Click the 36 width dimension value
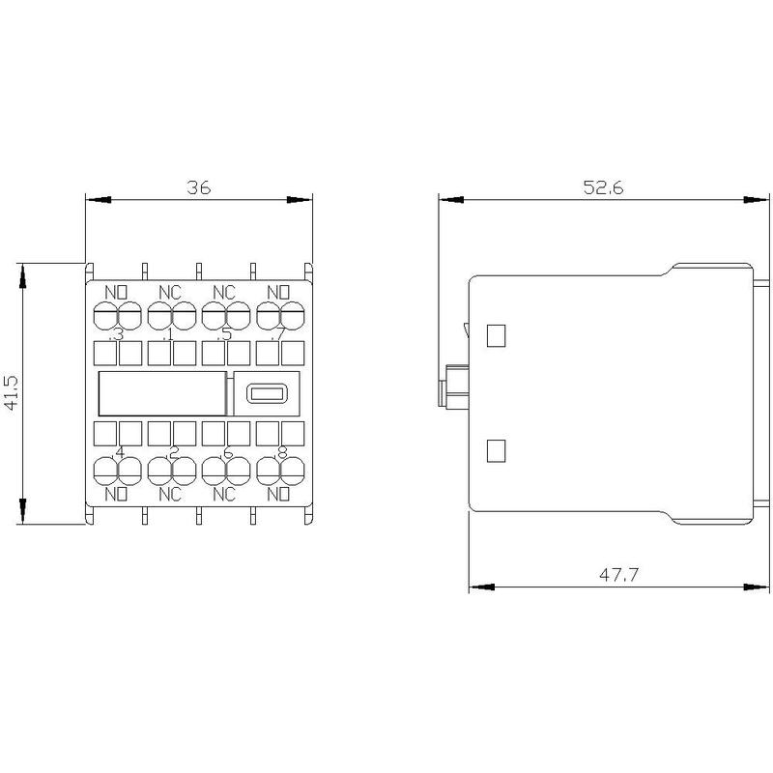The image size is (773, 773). (x=199, y=187)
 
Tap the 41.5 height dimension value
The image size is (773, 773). (x=11, y=393)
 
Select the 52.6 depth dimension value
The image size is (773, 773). (x=603, y=187)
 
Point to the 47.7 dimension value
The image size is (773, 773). (x=618, y=574)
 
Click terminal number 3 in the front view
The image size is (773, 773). (x=118, y=334)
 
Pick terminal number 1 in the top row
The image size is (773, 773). (x=170, y=334)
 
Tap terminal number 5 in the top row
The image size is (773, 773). (x=226, y=334)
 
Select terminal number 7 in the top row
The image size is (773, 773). (x=280, y=334)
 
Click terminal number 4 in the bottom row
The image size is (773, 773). (x=120, y=451)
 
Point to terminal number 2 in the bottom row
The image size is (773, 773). (x=174, y=451)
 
